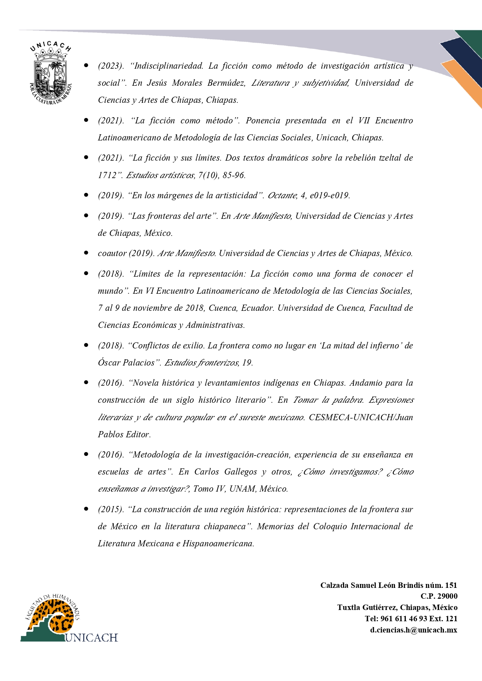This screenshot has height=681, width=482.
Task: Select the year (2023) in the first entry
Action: pos(110,66)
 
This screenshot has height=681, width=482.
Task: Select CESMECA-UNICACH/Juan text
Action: pos(361,418)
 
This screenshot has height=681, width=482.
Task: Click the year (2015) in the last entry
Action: pos(110,509)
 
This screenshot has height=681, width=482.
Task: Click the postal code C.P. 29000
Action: pos(439,596)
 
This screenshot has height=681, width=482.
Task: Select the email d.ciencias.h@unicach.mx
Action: pos(413,630)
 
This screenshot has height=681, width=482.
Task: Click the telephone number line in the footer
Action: pos(411,619)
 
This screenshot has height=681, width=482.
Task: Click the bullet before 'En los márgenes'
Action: pos(86,195)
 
